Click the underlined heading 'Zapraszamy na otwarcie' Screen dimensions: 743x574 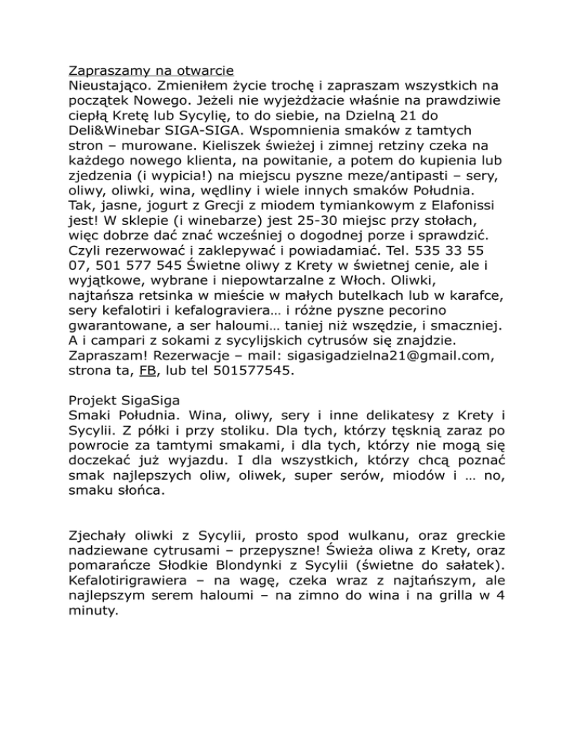pyautogui.click(x=147, y=73)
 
